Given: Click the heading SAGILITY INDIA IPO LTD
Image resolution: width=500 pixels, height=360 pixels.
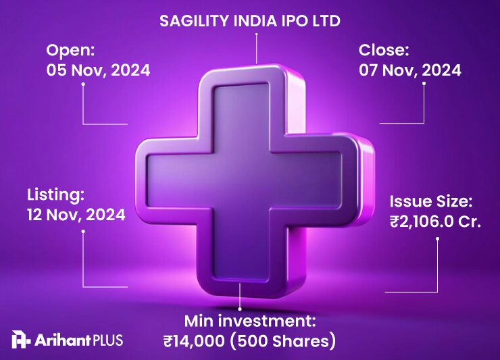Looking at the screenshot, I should point(249,21).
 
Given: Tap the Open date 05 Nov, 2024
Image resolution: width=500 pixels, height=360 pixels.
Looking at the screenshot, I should point(98,70).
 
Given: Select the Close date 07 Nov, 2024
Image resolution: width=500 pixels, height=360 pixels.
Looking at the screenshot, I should point(410,70).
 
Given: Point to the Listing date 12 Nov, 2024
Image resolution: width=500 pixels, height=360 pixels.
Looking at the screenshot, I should point(76,215).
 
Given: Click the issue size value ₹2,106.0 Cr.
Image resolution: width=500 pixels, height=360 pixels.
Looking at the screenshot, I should point(435,221).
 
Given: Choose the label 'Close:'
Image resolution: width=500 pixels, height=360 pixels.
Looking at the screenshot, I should point(384,50).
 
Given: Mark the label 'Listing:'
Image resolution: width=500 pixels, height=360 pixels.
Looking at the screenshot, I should point(56,195).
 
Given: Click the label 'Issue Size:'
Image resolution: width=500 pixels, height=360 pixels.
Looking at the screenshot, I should point(430,201).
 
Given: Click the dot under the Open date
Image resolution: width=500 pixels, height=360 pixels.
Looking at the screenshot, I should point(83,84).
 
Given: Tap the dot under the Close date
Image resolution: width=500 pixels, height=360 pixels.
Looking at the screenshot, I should point(424,84).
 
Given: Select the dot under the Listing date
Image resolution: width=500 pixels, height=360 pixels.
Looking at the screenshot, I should point(83,230).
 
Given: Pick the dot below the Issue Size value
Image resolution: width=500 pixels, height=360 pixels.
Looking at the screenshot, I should point(438,237).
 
